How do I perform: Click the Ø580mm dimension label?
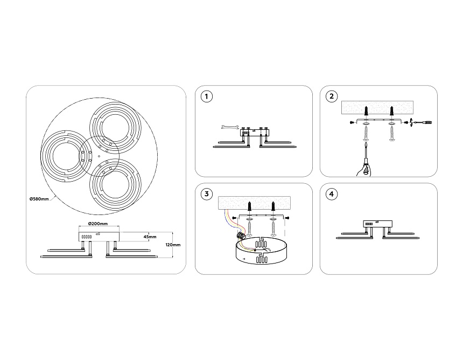(x=39, y=198)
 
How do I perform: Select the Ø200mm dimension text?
(x=97, y=224)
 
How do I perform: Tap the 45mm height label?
(x=150, y=237)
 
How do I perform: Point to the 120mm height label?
(x=173, y=245)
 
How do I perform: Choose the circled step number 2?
(x=332, y=96)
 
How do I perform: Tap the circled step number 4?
(x=332, y=194)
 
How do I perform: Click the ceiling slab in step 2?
(x=379, y=108)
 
